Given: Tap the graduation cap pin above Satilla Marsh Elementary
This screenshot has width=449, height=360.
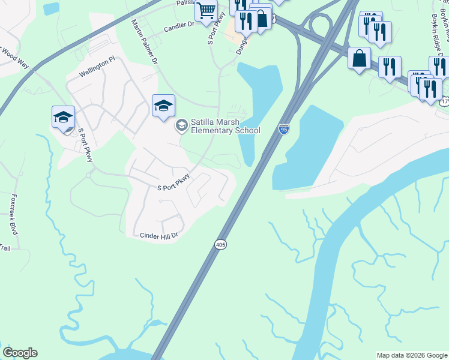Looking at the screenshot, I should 163,107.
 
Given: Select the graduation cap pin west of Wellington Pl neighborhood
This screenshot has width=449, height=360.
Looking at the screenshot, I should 63,118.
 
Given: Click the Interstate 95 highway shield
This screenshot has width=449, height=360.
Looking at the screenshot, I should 284,128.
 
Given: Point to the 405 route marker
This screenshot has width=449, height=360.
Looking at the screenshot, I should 220,245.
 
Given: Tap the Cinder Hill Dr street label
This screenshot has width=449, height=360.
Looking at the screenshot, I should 159,236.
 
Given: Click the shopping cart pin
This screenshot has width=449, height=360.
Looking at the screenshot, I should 206,11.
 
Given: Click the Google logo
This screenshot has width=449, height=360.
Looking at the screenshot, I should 20,353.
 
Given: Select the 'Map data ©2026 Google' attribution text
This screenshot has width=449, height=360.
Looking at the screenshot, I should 412,355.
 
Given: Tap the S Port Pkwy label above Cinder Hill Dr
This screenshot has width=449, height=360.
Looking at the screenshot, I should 173,182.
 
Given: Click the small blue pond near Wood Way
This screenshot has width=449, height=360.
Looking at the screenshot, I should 52,8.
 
